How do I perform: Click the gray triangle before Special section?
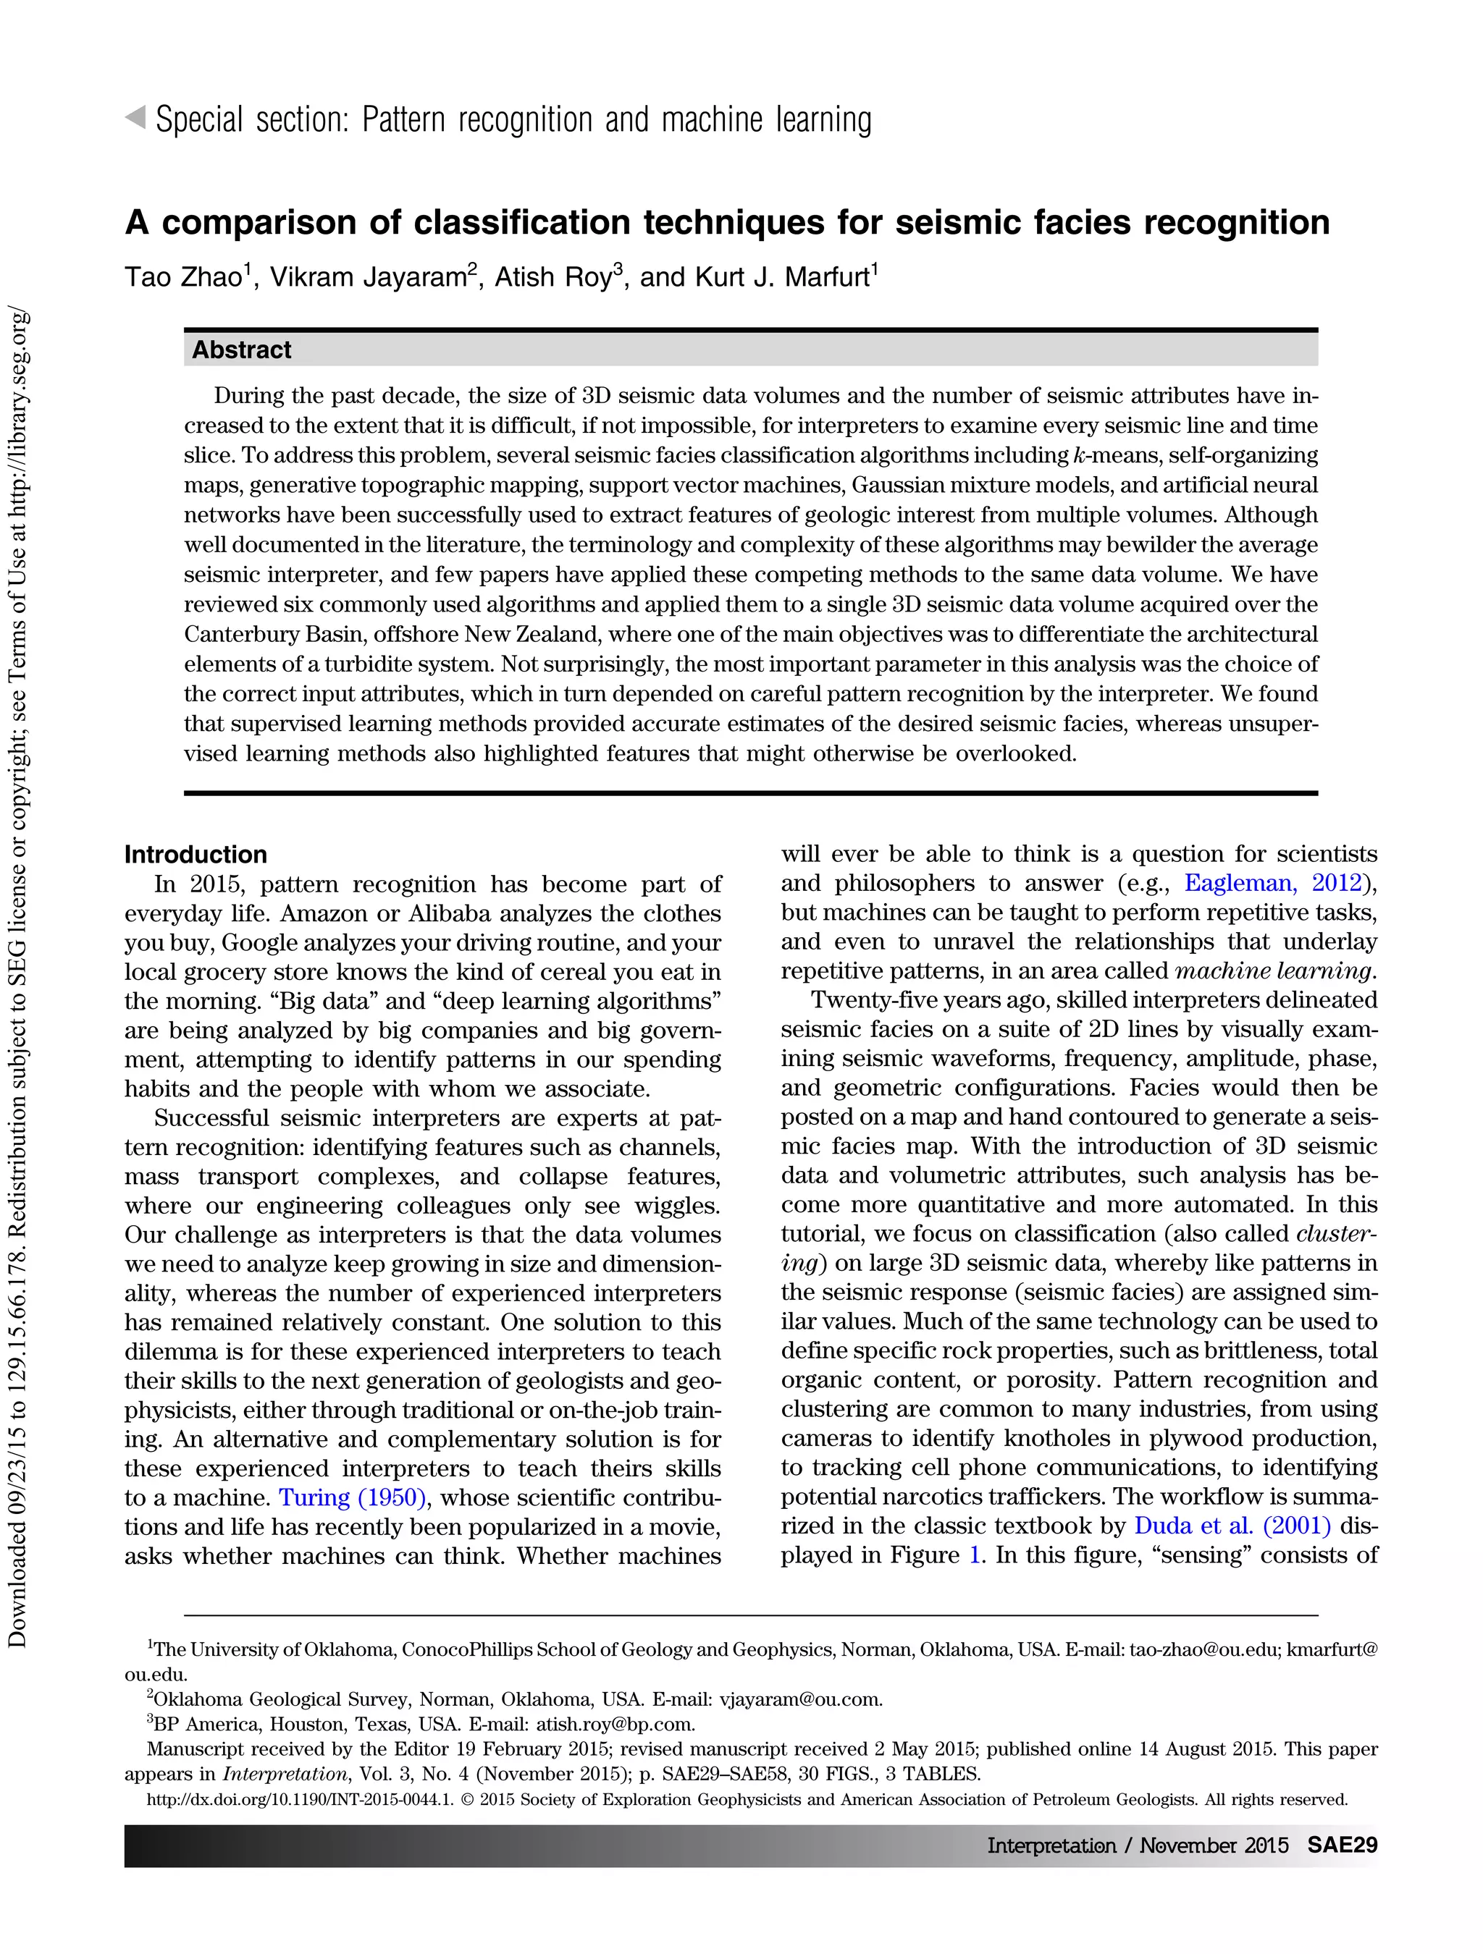point(135,117)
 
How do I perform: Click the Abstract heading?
point(241,350)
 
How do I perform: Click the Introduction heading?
point(196,854)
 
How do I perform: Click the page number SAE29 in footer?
point(1342,1845)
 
